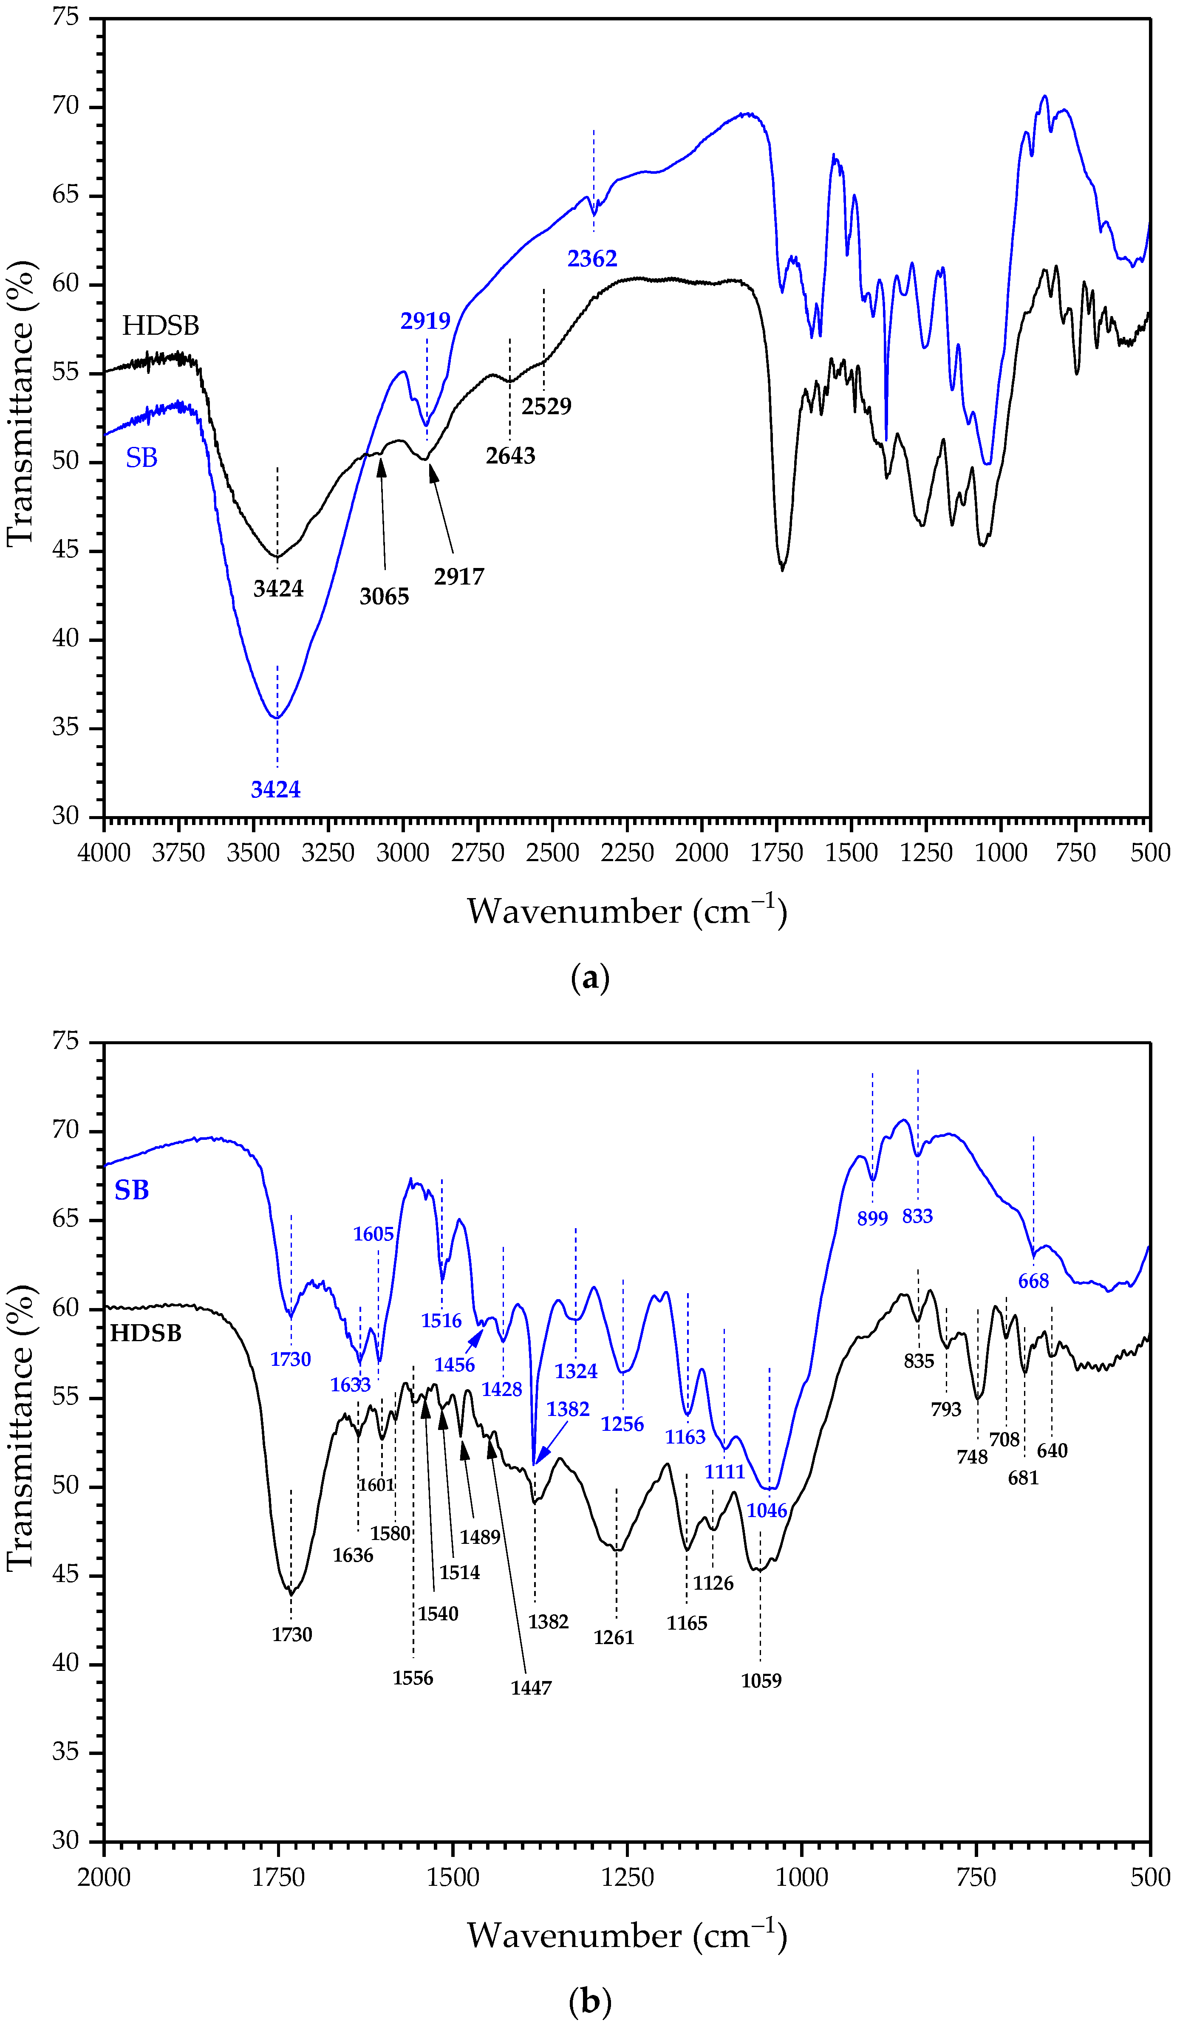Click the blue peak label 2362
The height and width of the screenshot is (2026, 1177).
[592, 259]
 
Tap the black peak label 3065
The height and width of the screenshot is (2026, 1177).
[384, 596]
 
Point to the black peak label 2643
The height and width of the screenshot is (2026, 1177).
[510, 456]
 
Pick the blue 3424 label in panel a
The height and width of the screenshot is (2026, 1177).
[276, 789]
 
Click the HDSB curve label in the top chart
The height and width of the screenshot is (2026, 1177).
[160, 325]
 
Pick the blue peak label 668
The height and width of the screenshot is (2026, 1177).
[1033, 1282]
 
